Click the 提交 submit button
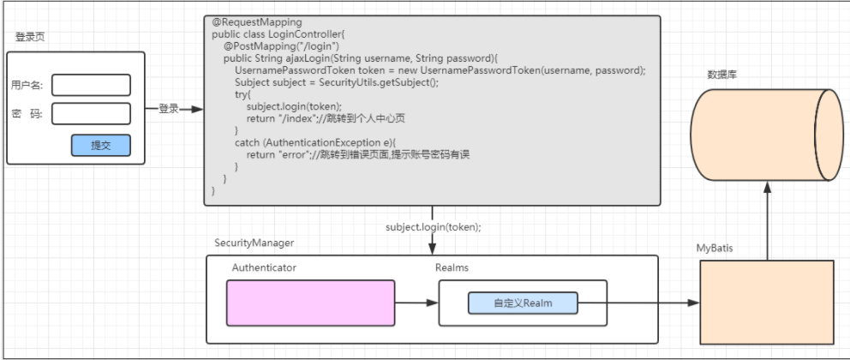pos(100,146)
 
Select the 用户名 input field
pos(91,85)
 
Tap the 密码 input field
pos(91,114)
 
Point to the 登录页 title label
pos(30,37)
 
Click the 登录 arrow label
pos(169,109)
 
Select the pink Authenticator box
pos(310,303)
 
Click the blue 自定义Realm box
pos(523,303)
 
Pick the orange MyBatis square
pos(767,303)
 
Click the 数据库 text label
pos(721,75)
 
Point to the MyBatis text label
pos(715,248)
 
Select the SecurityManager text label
pos(254,243)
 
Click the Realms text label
pos(452,268)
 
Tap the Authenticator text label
pos(264,268)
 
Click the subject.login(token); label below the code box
pos(434,227)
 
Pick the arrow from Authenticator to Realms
pos(416,303)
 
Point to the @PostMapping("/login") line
pos(282,45)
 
